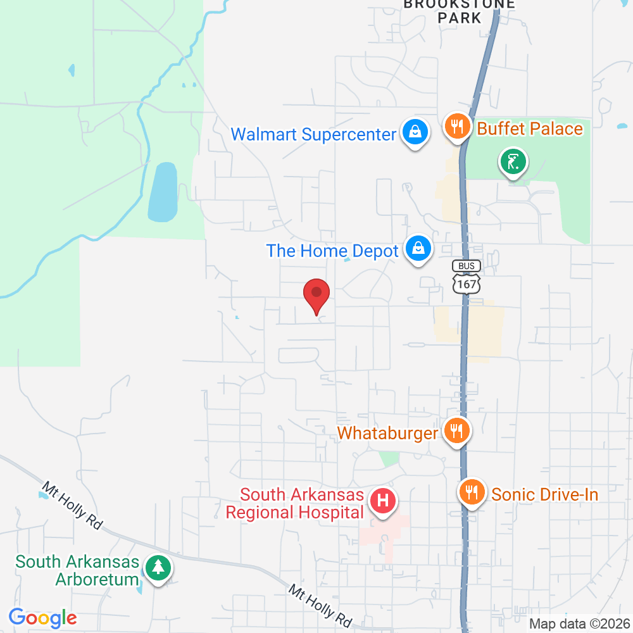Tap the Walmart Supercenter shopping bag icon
point(414,132)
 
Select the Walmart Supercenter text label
point(313,134)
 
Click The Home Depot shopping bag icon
point(418,249)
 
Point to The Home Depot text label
point(332,251)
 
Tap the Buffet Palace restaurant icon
point(456,125)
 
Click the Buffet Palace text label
point(529,129)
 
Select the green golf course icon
point(513,161)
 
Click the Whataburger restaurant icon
point(456,431)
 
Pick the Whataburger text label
point(387,434)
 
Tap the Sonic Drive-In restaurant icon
point(472,492)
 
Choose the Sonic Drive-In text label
point(544,494)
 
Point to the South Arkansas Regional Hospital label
point(294,503)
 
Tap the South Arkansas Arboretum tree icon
point(156,568)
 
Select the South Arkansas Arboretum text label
point(77,570)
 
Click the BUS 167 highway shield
point(467,277)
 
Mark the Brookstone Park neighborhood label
point(460,11)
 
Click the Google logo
point(42,617)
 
